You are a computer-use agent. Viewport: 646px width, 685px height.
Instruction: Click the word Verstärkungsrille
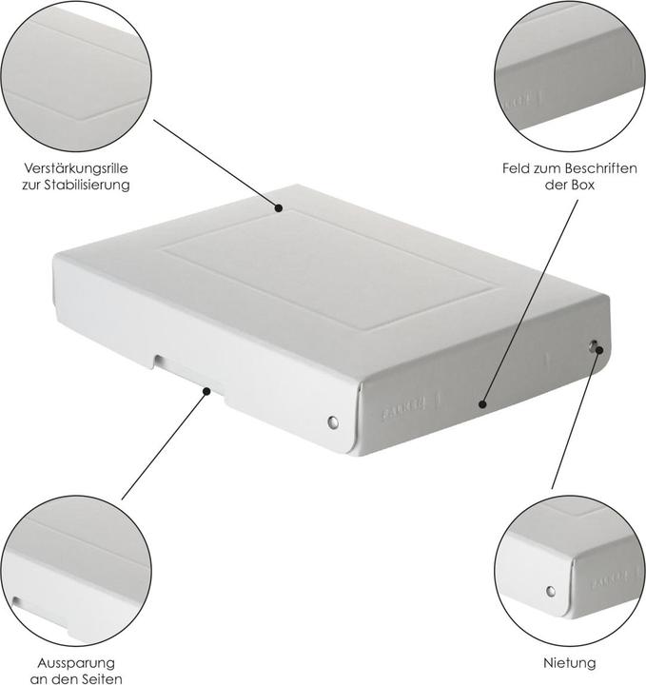75,168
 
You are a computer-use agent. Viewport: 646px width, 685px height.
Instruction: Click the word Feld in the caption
518,168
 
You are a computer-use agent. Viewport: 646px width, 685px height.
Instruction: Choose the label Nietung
571,662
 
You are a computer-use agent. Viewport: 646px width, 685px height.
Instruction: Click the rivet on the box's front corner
332,421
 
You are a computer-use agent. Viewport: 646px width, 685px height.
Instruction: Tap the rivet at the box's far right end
595,346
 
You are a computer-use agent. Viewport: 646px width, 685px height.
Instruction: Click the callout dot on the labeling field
482,404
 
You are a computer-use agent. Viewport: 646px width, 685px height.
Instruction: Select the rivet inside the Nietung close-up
548,591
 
